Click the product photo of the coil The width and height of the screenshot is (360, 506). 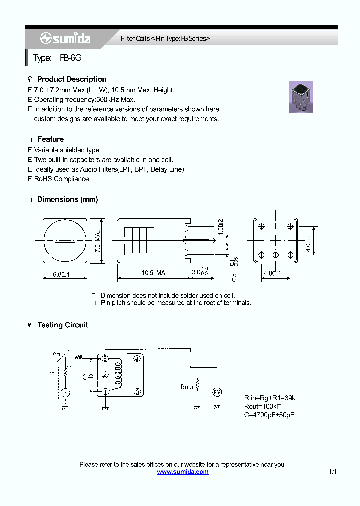(x=301, y=97)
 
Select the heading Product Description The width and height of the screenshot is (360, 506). (x=72, y=79)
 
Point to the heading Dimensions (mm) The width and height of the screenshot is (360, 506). (x=67, y=199)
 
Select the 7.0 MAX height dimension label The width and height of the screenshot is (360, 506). (x=98, y=240)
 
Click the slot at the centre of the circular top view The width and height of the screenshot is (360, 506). (x=66, y=240)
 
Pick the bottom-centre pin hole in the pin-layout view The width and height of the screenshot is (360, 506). (x=275, y=255)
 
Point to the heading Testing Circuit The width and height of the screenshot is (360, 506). (x=62, y=325)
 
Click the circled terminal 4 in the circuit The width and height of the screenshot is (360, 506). (x=137, y=358)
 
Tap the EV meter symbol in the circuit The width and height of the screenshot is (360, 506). (x=217, y=392)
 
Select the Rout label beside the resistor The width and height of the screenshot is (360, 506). (x=187, y=387)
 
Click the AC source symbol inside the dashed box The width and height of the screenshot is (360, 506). (x=65, y=392)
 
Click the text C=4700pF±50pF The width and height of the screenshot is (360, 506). (x=269, y=415)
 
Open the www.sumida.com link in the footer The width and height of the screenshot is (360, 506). (x=183, y=472)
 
